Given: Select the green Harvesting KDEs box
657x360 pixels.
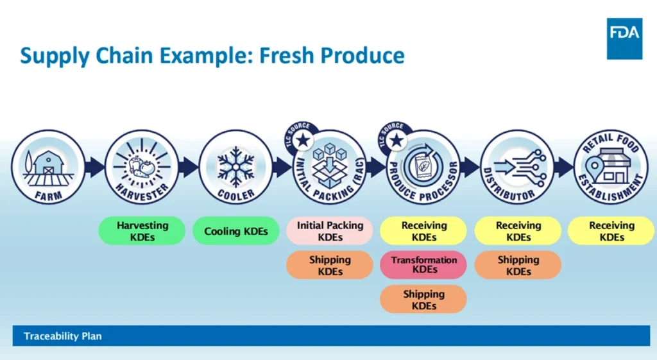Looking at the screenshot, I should (x=142, y=231).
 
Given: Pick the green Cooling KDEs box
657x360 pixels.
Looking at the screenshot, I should (x=236, y=231).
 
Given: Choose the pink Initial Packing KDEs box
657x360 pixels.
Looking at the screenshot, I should (x=330, y=231).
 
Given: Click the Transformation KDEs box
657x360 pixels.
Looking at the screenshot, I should (x=423, y=264).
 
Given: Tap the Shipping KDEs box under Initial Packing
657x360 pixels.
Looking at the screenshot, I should (x=330, y=265).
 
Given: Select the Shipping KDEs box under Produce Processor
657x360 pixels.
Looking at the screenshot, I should (x=423, y=300).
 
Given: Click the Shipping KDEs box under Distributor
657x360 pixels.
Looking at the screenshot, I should (x=518, y=265).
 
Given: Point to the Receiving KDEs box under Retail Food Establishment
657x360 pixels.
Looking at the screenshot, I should (x=611, y=231).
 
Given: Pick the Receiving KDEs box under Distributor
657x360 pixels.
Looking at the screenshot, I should (x=518, y=231).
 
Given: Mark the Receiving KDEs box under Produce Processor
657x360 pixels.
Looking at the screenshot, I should (x=423, y=231).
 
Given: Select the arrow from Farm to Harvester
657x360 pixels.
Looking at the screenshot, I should (x=94, y=167).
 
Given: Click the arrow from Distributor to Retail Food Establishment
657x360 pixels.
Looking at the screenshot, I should (x=563, y=167).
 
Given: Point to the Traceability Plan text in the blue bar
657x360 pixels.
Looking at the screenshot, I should (x=63, y=336).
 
